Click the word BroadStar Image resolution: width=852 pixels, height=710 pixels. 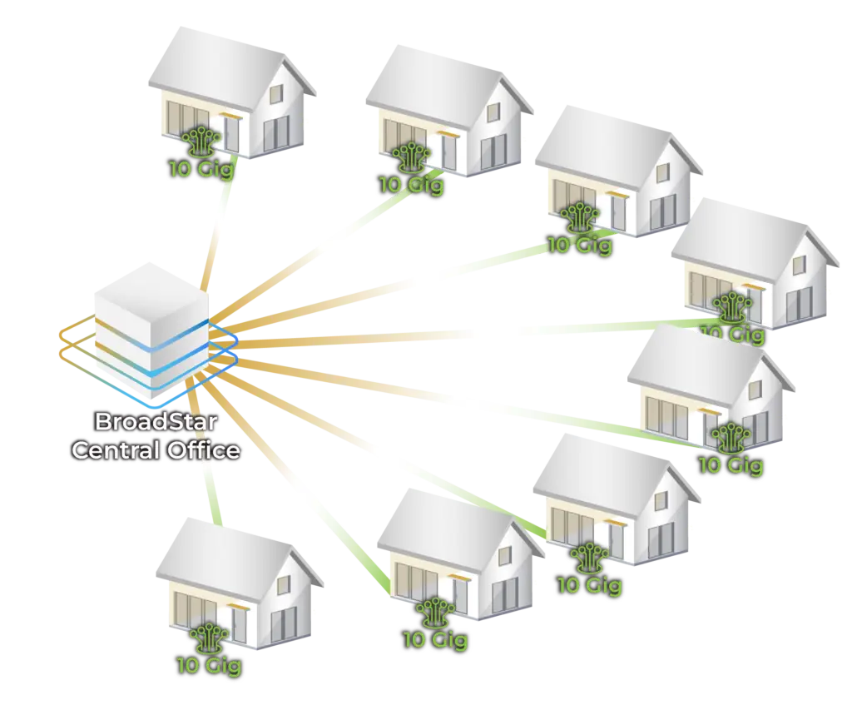point(156,422)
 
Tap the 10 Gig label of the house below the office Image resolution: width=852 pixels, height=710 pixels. point(209,665)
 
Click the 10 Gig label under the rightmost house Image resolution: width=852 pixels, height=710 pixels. point(732,334)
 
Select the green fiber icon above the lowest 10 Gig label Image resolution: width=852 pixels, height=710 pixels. point(207,638)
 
